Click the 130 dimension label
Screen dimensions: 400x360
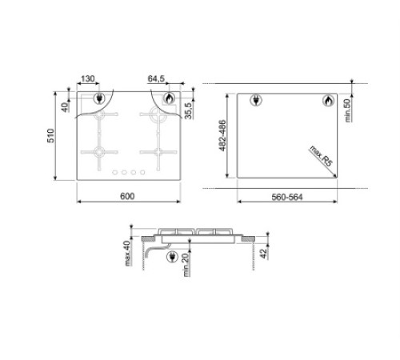pos(87,78)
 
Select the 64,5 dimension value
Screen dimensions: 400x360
pos(156,78)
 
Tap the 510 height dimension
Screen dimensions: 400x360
pos(50,135)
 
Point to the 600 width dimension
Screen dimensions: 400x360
pos(127,196)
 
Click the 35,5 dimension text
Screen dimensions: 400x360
pos(188,110)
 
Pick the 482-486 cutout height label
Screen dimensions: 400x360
pos(222,135)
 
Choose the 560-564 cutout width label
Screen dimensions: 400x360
pos(287,197)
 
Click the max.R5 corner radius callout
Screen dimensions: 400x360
pos(321,156)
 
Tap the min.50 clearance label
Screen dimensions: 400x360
pos(348,110)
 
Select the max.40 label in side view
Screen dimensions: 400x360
pos(128,254)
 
